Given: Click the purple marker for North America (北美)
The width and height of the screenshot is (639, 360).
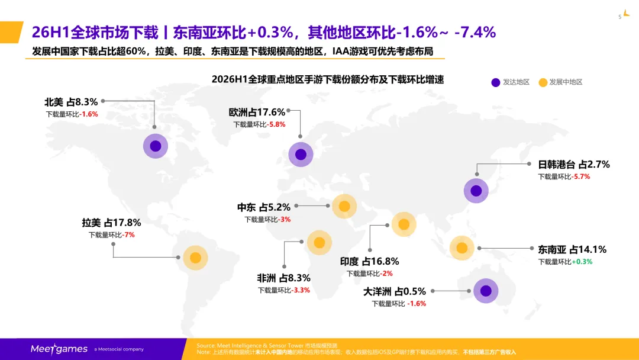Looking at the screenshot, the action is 155,146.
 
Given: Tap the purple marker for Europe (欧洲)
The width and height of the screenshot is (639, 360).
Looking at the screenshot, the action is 301,155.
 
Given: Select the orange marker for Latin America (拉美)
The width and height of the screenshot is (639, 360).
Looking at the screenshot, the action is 195,258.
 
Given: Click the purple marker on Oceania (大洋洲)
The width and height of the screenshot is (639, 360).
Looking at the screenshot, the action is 486,291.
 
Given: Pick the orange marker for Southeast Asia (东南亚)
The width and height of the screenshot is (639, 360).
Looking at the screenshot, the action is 461,248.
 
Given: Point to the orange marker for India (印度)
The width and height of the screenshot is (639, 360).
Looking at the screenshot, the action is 404,224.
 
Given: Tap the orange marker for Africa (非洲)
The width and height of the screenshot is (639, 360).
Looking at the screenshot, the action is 319,243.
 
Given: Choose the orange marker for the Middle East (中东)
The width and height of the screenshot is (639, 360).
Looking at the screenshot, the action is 344,206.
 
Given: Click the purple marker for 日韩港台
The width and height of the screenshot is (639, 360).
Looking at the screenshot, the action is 476,191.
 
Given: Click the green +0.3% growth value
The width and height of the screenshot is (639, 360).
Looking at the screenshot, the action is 582,262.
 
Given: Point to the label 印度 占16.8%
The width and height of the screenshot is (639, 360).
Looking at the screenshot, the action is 370,261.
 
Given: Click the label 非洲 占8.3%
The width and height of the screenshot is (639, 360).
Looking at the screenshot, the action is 283,278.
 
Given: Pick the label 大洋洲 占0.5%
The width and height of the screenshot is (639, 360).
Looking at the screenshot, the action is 395,291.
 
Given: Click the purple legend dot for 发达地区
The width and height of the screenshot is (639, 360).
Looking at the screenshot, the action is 496,82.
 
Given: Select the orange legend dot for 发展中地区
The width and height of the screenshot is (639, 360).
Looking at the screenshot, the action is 543,82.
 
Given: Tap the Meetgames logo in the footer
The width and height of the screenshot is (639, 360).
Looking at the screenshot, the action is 59,349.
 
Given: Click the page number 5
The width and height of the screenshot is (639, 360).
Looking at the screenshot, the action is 620,17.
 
